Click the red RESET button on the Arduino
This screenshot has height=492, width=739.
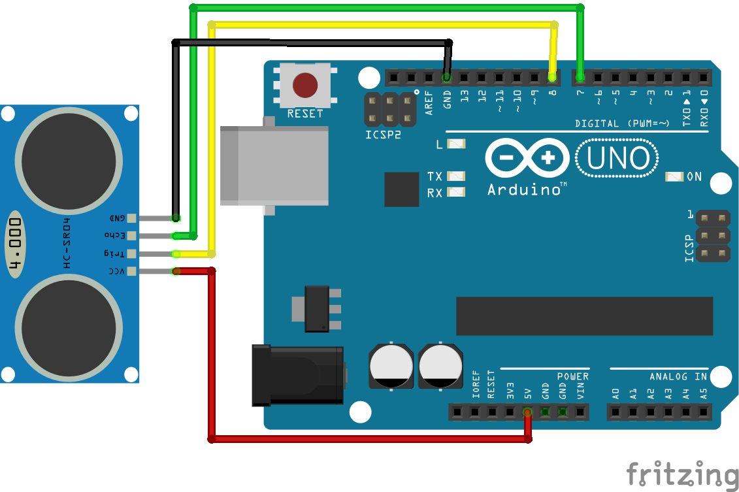click(x=305, y=85)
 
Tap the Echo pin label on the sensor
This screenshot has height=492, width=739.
click(x=114, y=235)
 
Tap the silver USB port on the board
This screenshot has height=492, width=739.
click(x=274, y=165)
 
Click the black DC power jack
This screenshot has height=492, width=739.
click(x=297, y=375)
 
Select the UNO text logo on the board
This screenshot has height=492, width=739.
click(x=617, y=159)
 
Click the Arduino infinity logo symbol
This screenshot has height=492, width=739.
click(x=527, y=158)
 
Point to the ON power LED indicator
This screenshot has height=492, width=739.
click(x=674, y=176)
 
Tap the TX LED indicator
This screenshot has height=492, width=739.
click(x=455, y=176)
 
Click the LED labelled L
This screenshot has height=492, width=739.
click(x=455, y=144)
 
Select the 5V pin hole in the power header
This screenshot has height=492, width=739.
click(x=527, y=412)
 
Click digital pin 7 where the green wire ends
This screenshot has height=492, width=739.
click(x=580, y=78)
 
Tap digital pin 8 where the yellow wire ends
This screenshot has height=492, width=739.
click(x=552, y=78)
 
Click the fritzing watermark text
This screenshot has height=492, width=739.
click(x=682, y=474)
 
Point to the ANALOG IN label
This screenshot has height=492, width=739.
click(x=678, y=376)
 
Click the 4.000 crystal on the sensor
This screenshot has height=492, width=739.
click(x=16, y=243)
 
